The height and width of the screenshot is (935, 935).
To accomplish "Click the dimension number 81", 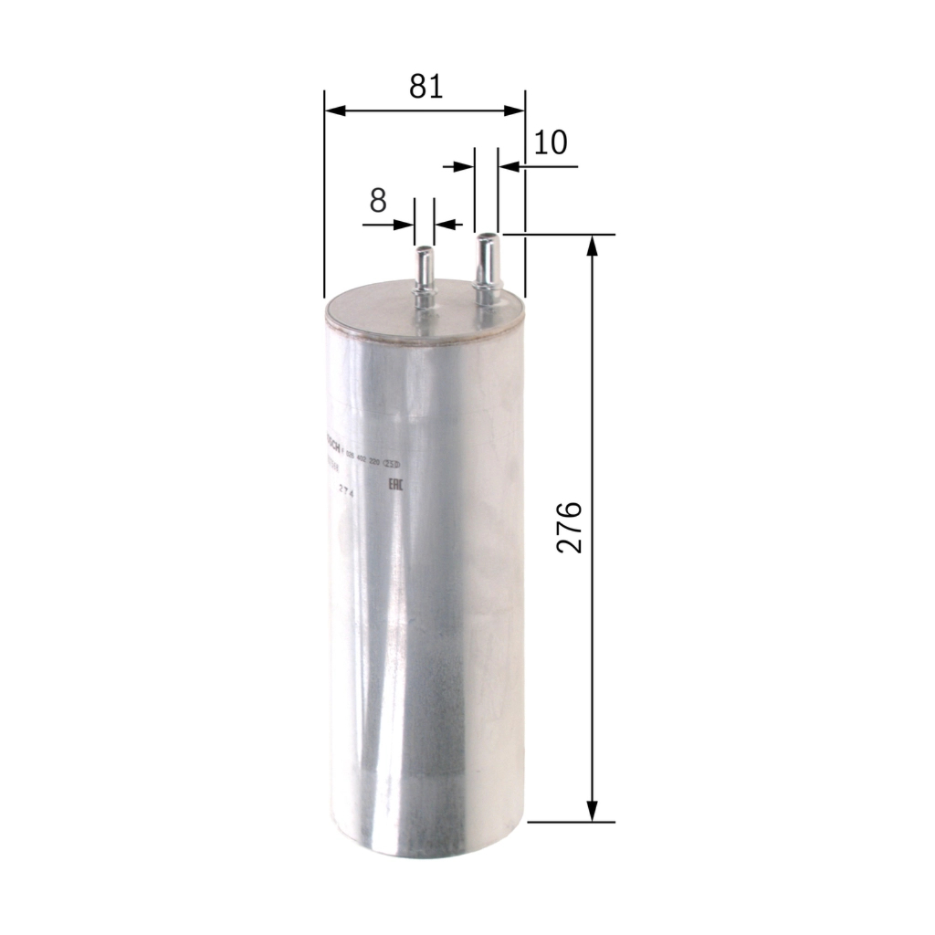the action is (x=425, y=86).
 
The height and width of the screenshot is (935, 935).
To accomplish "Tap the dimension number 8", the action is (x=378, y=201).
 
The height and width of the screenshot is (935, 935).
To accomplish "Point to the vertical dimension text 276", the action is (x=570, y=527).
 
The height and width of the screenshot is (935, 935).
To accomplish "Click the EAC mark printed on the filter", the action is (x=397, y=485).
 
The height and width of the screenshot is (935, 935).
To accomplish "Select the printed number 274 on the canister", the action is (x=346, y=490).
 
